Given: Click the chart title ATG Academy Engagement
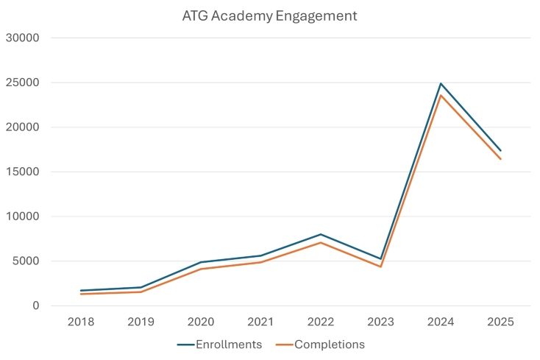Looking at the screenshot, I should (269, 15).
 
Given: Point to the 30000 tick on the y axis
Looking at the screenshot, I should (24, 38).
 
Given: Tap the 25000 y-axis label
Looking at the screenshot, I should (24, 82).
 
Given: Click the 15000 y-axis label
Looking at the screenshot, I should (24, 172).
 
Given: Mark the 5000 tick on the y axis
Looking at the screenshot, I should (27, 261).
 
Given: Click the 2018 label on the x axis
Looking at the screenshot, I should (81, 322).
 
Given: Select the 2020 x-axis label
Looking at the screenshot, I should (201, 322).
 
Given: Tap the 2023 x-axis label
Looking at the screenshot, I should (380, 322).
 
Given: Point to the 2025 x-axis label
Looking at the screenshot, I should (500, 322).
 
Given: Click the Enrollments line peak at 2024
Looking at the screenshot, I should (441, 83).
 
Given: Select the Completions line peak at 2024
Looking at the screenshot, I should (441, 95).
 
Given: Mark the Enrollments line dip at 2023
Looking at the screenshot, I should (380, 259).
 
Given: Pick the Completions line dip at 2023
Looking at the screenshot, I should (380, 267).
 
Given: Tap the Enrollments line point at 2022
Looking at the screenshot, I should (321, 234).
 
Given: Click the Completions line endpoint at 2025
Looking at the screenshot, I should (500, 159).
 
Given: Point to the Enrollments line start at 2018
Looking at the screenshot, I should (81, 291).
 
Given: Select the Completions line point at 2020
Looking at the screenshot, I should (201, 269).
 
